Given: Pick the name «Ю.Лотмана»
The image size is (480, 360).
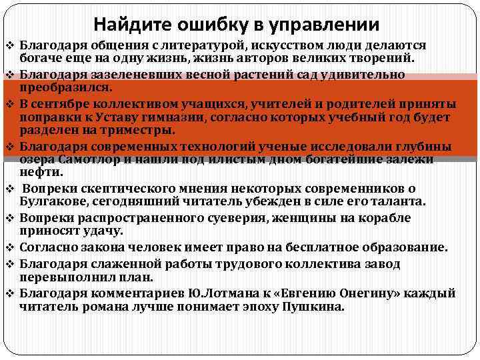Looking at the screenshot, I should (196, 293).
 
